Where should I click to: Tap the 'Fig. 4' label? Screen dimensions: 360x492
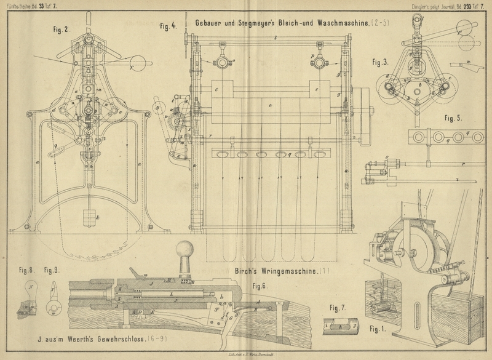[167, 26]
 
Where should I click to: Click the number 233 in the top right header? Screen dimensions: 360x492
[462, 6]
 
